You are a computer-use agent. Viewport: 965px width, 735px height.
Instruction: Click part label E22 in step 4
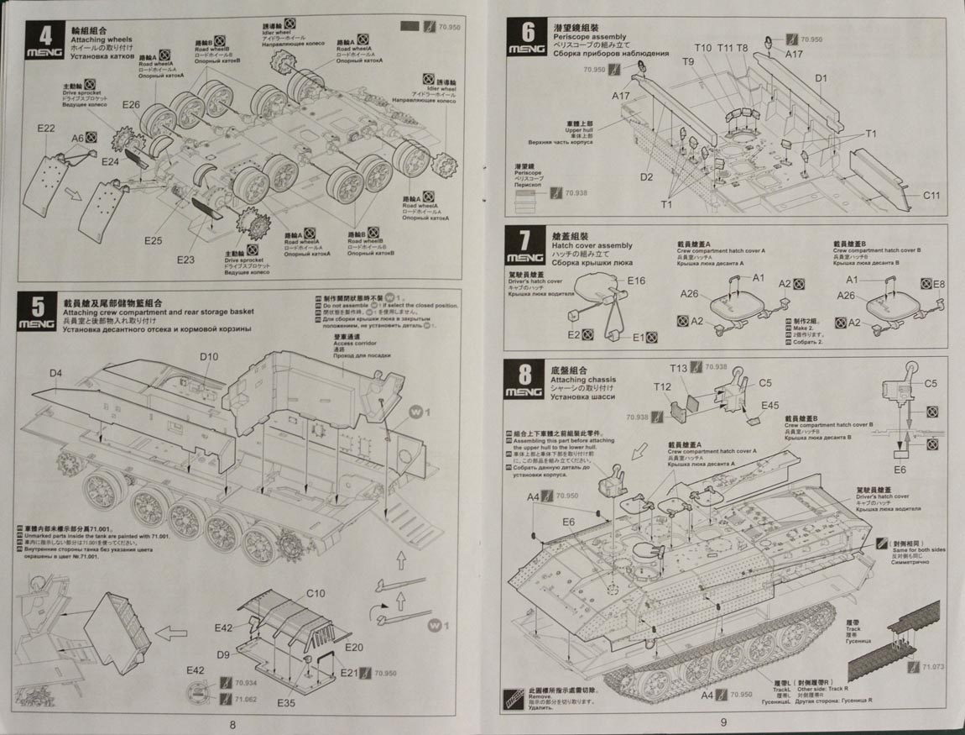(46, 129)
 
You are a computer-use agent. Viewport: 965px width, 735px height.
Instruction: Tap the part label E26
(131, 105)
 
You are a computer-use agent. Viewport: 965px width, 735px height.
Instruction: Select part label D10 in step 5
(209, 356)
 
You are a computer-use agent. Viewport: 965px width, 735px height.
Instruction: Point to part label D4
(55, 372)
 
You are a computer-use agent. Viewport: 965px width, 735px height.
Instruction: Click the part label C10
(316, 593)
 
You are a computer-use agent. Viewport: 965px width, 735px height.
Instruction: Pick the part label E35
(285, 702)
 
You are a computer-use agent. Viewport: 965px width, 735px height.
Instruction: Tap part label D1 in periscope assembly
(821, 78)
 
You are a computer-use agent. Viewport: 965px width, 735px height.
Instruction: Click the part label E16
(636, 281)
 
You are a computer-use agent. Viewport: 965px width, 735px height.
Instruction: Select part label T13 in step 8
(679, 368)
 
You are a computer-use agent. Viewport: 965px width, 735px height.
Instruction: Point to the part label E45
(770, 405)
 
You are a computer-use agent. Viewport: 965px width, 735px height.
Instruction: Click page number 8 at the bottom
(232, 723)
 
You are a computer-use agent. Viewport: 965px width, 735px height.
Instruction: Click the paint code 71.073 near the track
(932, 668)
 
